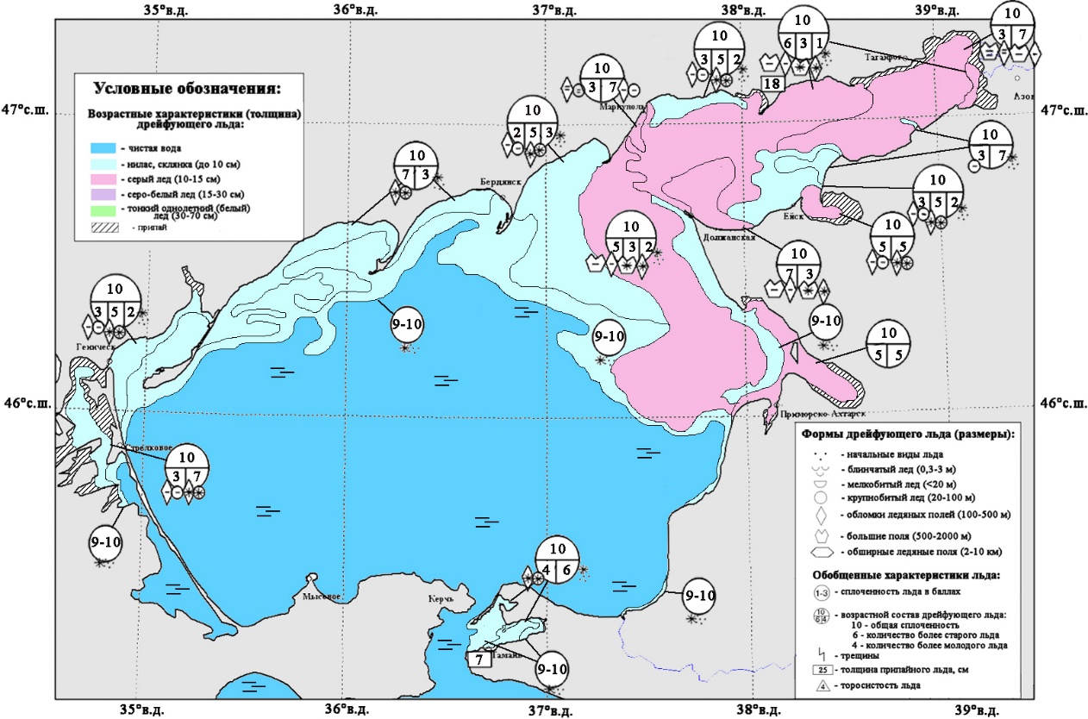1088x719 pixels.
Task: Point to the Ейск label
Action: point(793,216)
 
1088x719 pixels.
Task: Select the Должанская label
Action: point(728,236)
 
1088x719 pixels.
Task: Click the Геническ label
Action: point(96,347)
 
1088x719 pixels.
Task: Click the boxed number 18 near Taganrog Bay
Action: point(772,84)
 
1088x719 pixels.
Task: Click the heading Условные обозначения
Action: point(187,88)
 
